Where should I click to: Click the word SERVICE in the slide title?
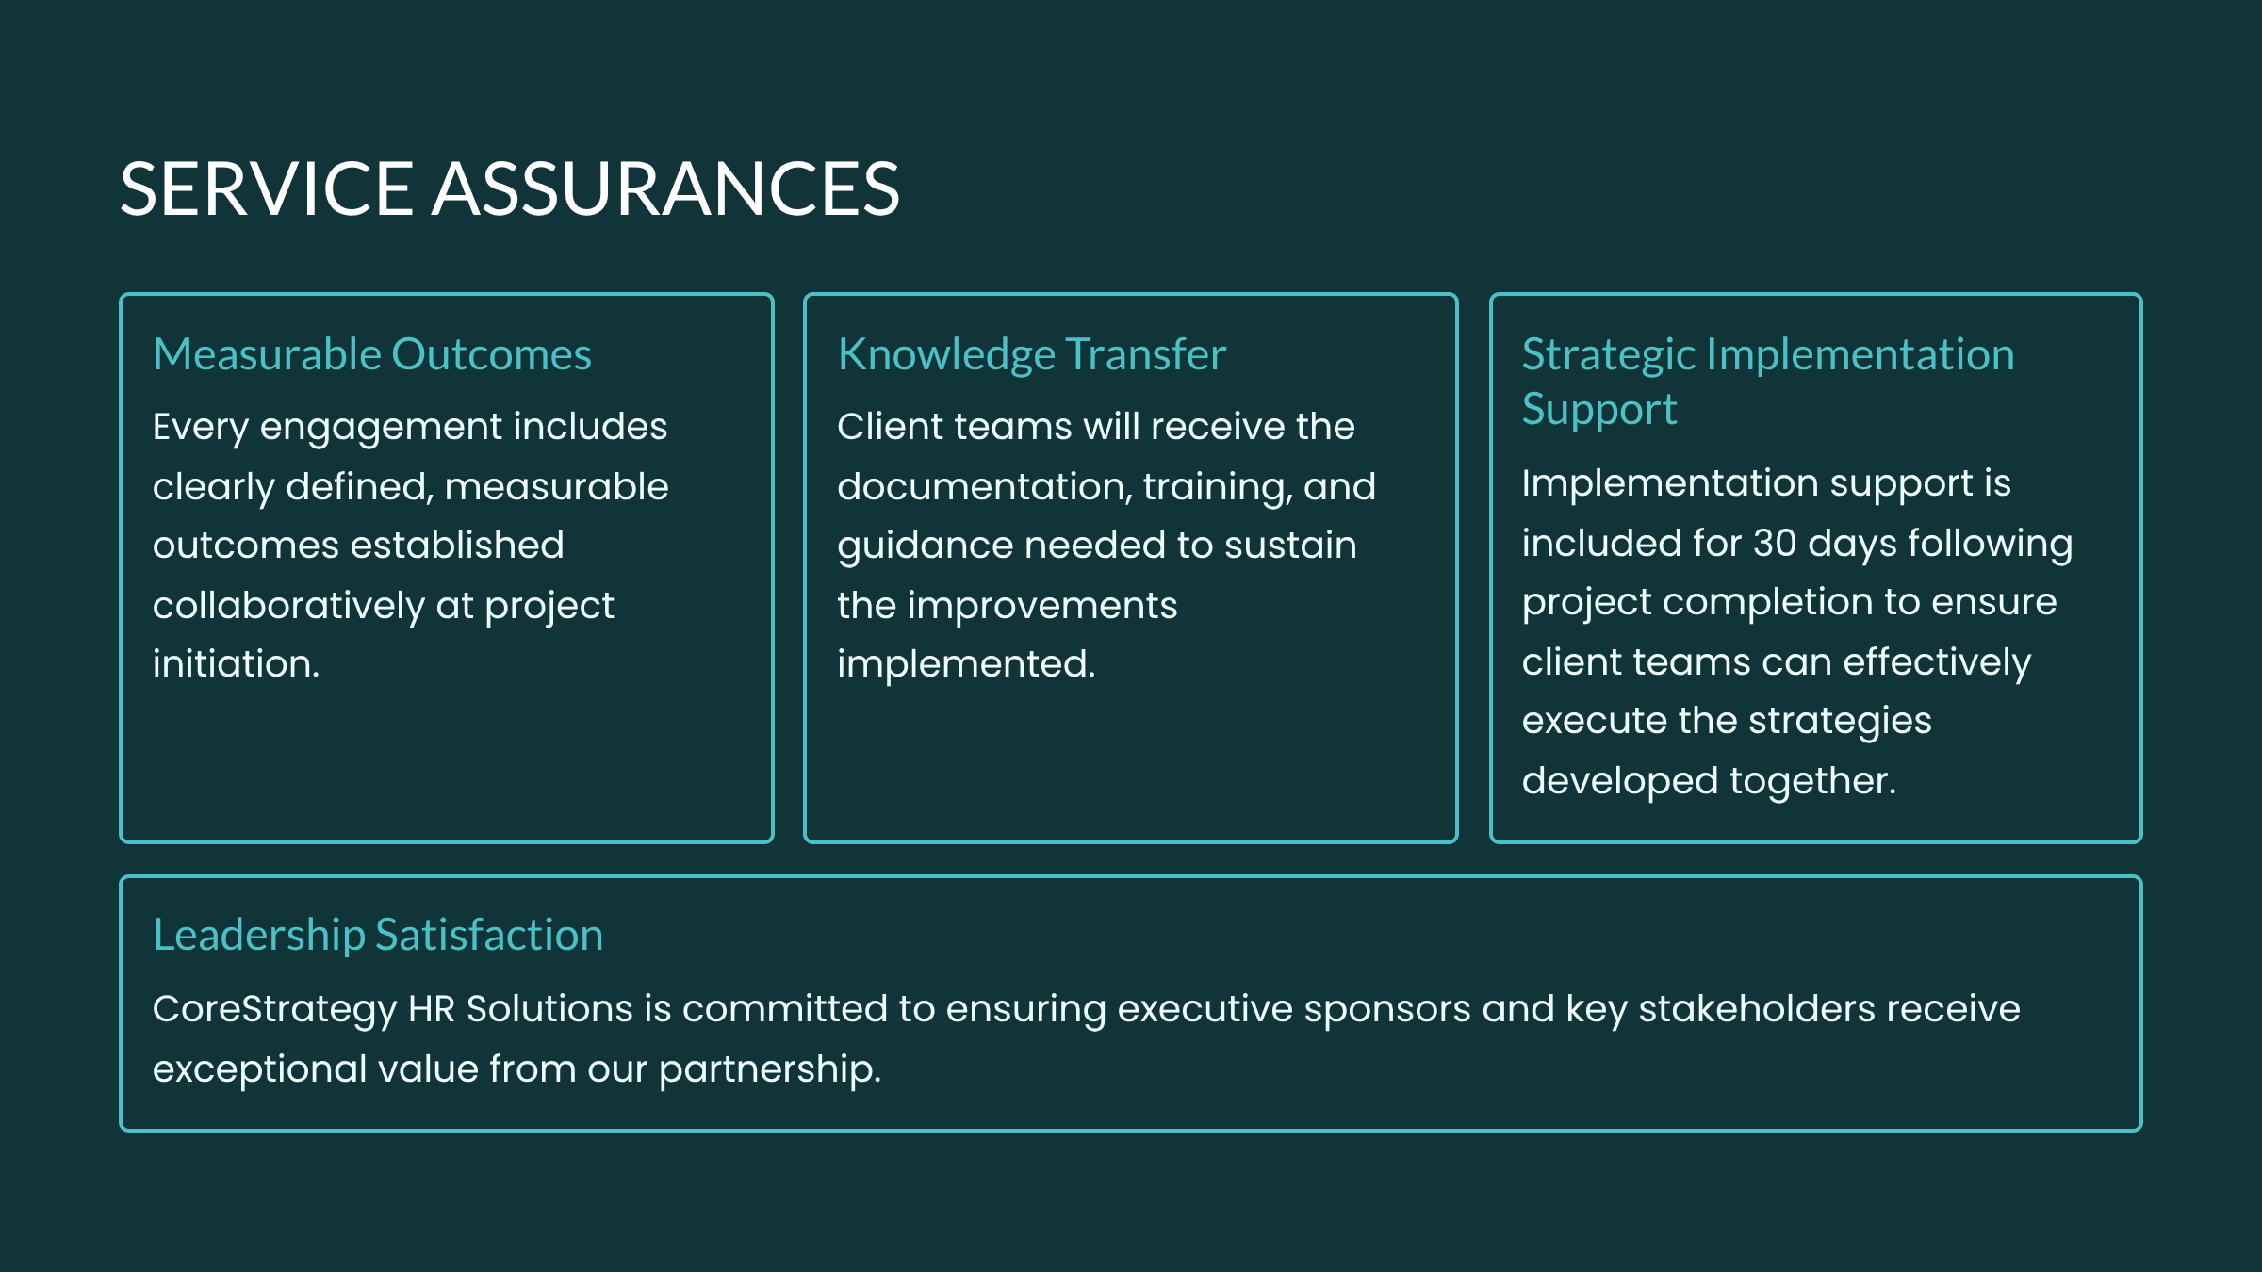[267, 188]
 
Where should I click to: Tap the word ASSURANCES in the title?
[666, 188]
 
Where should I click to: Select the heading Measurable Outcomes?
[372, 354]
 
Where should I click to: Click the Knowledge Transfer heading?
[1032, 356]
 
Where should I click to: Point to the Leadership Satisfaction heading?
[378, 936]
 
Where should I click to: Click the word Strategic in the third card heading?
[1608, 356]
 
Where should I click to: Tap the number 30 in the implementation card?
[1775, 543]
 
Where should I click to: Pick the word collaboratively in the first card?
[288, 606]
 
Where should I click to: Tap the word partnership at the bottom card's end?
[765, 1070]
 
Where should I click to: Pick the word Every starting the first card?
[201, 428]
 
